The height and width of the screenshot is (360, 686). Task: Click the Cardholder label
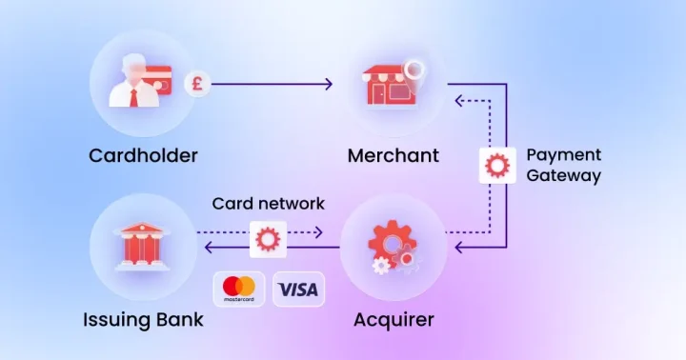(x=143, y=155)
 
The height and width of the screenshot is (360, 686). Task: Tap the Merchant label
(x=393, y=155)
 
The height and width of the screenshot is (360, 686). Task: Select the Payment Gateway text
(x=563, y=165)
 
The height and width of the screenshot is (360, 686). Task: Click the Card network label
(x=268, y=204)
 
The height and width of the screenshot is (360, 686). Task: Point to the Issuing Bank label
(x=143, y=319)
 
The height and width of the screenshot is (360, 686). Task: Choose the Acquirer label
(x=393, y=319)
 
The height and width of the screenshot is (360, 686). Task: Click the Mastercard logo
(x=239, y=289)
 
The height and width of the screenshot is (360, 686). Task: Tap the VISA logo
(x=298, y=289)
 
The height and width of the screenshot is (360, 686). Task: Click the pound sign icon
(x=197, y=84)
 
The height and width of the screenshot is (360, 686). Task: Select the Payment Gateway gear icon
(x=496, y=165)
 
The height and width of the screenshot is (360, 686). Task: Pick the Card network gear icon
(x=268, y=237)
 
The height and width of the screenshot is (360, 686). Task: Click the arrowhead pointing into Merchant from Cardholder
(x=328, y=84)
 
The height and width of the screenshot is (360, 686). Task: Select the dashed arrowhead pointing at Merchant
(x=457, y=99)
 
